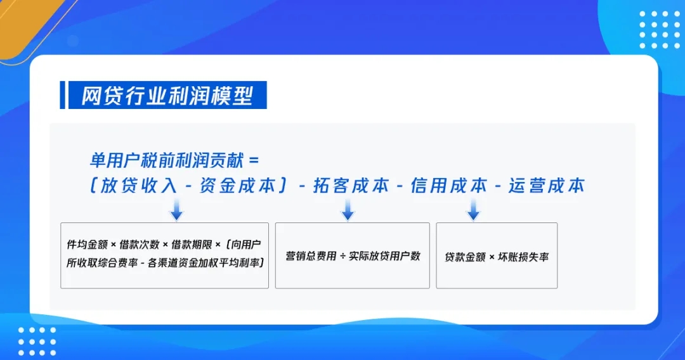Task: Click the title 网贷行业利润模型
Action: pyautogui.click(x=167, y=95)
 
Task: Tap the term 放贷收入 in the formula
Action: pyautogui.click(x=139, y=186)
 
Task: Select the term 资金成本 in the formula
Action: pyautogui.click(x=238, y=186)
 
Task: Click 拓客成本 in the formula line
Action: pyautogui.click(x=351, y=186)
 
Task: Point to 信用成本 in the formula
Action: pyautogui.click(x=449, y=186)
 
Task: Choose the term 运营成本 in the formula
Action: pyautogui.click(x=547, y=186)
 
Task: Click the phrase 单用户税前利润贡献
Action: pyautogui.click(x=166, y=160)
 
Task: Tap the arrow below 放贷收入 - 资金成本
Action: pyautogui.click(x=176, y=210)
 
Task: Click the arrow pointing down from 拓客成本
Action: pyautogui.click(x=348, y=210)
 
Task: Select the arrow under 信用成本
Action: pyautogui.click(x=473, y=210)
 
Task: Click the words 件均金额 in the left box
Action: pyautogui.click(x=88, y=245)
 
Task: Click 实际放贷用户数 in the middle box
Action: pyautogui.click(x=384, y=256)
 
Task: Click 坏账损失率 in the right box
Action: pyautogui.click(x=523, y=257)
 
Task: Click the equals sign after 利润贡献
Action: pyautogui.click(x=253, y=161)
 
